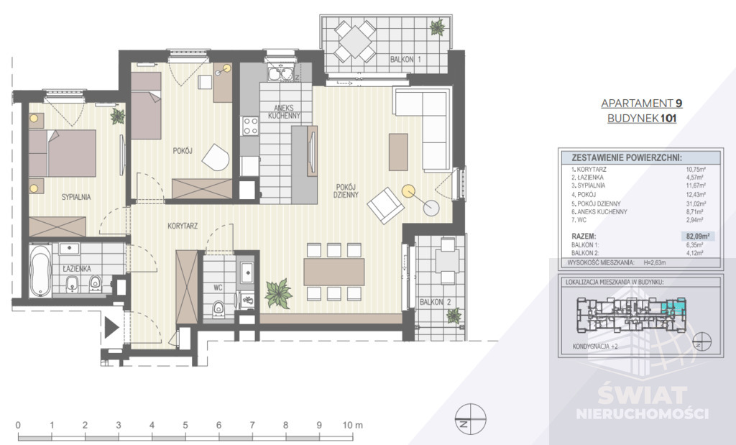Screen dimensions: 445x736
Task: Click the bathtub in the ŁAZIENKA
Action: tap(40, 272)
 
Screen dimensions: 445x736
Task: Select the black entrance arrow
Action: tap(111, 329)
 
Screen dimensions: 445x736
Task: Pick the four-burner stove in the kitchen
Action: tap(251, 126)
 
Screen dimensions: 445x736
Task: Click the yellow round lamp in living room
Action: tap(408, 192)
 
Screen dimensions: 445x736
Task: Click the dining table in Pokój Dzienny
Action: tap(333, 272)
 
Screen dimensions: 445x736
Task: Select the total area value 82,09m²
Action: tap(696, 235)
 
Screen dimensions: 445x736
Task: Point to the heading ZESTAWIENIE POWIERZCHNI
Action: tap(625, 157)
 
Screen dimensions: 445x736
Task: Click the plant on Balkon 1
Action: tap(436, 28)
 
